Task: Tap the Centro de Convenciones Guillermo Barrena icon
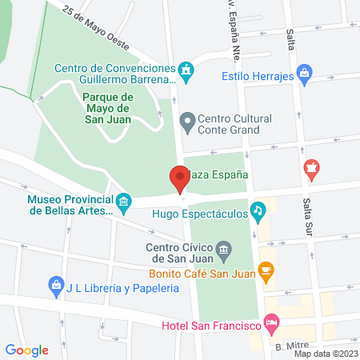[186, 72]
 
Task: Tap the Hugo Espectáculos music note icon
[258, 211]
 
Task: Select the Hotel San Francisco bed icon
[272, 326]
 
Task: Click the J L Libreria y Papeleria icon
[56, 285]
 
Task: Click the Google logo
[26, 350]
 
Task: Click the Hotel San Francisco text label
[211, 326]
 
